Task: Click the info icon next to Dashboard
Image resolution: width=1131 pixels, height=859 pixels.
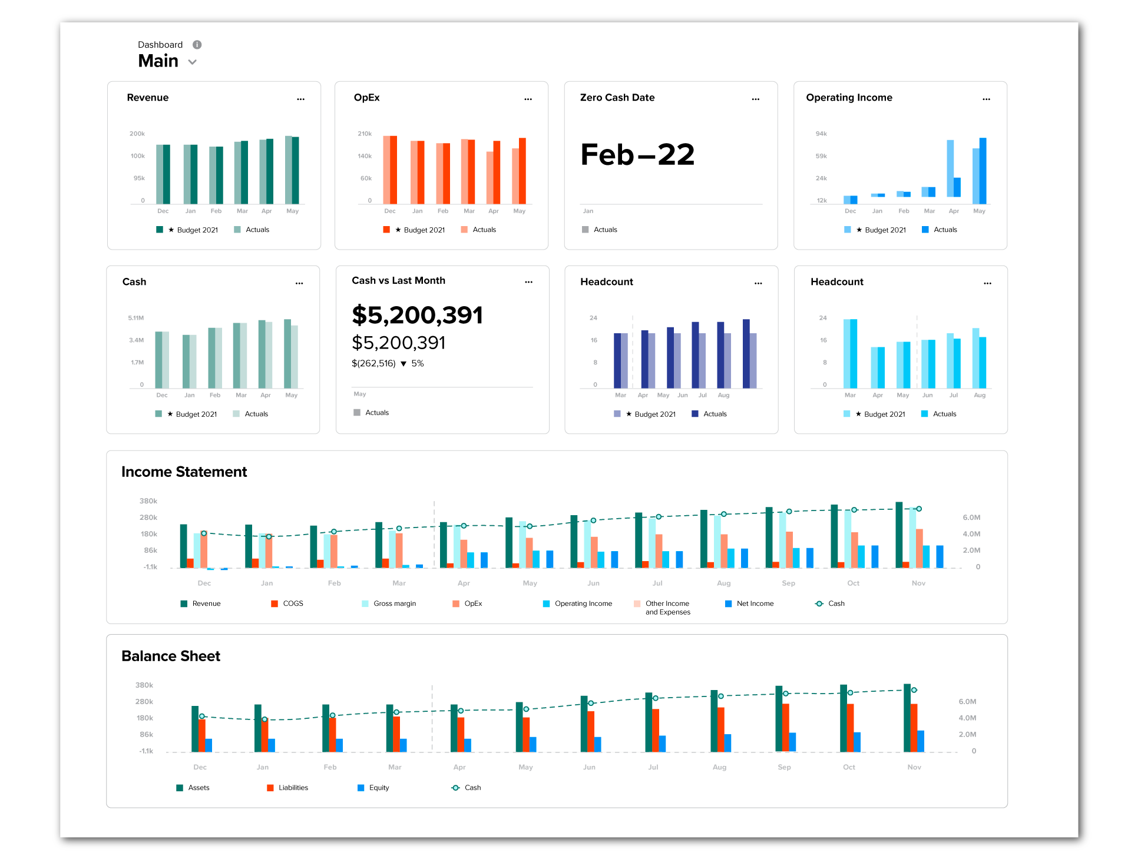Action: pos(197,45)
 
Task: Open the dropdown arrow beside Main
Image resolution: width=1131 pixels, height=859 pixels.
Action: pos(192,62)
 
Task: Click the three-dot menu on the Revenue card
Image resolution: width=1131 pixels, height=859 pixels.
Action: pos(301,99)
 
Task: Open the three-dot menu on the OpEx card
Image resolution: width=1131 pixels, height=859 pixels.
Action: pos(528,99)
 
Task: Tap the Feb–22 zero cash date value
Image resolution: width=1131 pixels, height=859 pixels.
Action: pos(637,155)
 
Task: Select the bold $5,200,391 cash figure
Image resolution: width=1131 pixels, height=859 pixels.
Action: pos(417,315)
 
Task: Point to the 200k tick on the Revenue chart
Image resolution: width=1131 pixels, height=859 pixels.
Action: pos(137,134)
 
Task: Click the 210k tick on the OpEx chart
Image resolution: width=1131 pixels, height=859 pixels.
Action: pos(365,134)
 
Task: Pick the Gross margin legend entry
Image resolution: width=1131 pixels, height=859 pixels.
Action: pos(394,603)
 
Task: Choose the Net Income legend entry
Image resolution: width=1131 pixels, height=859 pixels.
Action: pos(755,603)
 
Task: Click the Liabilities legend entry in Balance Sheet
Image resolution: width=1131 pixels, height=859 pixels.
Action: pos(293,788)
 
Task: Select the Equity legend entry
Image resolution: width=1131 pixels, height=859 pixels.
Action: pos(379,788)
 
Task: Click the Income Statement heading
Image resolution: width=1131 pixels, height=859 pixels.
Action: pos(184,472)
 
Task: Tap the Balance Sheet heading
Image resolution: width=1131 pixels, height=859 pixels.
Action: pos(171,656)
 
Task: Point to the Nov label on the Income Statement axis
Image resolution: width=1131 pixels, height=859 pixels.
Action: pos(918,583)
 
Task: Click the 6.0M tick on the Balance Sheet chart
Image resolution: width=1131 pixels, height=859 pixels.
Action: pos(967,702)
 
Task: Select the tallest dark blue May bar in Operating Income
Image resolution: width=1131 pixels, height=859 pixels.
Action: pos(983,171)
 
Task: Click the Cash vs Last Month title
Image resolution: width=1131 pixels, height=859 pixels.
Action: pos(398,281)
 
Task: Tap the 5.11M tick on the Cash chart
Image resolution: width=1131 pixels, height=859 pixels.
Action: pos(136,318)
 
